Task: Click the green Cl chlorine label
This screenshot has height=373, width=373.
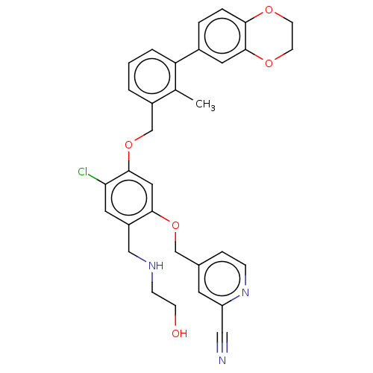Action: pyautogui.click(x=83, y=172)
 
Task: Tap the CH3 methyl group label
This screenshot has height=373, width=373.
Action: pyautogui.click(x=205, y=104)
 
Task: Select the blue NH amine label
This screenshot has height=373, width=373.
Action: pyautogui.click(x=156, y=266)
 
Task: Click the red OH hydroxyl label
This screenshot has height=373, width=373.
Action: pyautogui.click(x=179, y=333)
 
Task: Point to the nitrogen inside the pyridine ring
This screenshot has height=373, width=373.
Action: pyautogui.click(x=245, y=292)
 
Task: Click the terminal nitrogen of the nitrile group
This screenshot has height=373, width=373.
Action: pyautogui.click(x=222, y=360)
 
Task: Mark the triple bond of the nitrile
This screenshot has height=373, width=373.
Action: pyautogui.click(x=222, y=342)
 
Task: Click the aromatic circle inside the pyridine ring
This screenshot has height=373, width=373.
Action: pyautogui.click(x=222, y=279)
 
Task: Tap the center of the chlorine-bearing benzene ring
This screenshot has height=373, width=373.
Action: pyautogui.click(x=129, y=198)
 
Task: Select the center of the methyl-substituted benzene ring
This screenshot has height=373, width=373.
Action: pyautogui.click(x=152, y=76)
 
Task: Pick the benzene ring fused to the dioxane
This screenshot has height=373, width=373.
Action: pyautogui.click(x=222, y=36)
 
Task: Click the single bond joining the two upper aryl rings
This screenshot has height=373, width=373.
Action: pyautogui.click(x=187, y=56)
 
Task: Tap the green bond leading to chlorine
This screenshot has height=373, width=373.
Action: pyautogui.click(x=97, y=180)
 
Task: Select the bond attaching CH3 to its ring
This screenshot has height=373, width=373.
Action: pyautogui.click(x=185, y=95)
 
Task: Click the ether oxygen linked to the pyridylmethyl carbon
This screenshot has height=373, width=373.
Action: pyautogui.click(x=175, y=225)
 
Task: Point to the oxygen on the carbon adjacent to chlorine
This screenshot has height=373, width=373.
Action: pyautogui.click(x=128, y=145)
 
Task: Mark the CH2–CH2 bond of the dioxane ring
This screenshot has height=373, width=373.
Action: pyautogui.click(x=292, y=36)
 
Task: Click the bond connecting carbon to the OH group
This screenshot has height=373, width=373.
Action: pyautogui.click(x=175, y=316)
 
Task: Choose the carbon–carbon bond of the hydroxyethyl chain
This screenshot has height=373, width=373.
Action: pyautogui.click(x=164, y=300)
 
